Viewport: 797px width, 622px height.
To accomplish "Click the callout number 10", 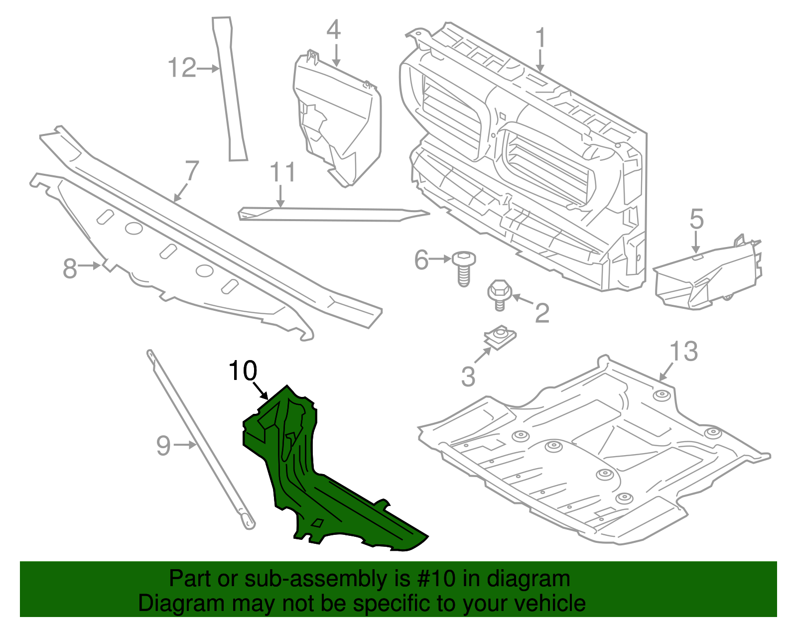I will coord(243,371).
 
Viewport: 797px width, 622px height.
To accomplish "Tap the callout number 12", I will coord(182,68).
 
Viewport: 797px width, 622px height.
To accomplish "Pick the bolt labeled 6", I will coord(463,269).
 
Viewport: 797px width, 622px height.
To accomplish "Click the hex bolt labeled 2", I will coord(498,294).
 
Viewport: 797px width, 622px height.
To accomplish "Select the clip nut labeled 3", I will coord(501,338).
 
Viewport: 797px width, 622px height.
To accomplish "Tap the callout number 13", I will coord(683,352).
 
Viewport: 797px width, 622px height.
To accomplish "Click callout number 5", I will coord(696,219).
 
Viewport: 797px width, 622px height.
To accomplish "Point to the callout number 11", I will coord(283,172).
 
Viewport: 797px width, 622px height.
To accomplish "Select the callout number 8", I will coord(70,268).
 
